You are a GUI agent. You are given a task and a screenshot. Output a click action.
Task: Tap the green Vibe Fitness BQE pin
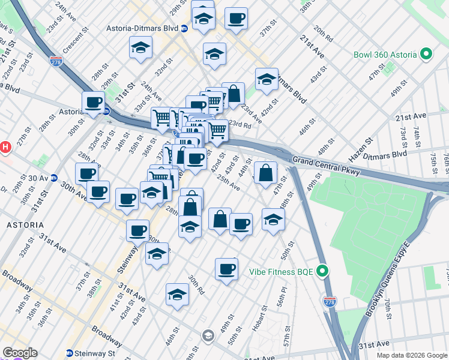click(x=322, y=272)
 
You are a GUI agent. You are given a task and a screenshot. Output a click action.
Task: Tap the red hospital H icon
click(x=5, y=146)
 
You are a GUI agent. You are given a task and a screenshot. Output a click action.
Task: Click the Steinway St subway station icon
click(x=70, y=353)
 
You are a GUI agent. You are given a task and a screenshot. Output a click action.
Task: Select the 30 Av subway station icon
click(x=53, y=178)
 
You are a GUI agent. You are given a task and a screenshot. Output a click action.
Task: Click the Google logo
click(x=19, y=353)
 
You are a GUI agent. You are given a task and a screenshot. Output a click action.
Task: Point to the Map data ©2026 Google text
click(x=412, y=355)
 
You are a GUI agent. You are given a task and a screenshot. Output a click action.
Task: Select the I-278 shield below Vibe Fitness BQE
click(x=330, y=301)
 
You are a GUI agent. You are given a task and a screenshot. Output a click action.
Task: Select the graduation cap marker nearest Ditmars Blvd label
click(x=267, y=79)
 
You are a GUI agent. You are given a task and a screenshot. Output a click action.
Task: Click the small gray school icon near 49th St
click(x=208, y=335)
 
